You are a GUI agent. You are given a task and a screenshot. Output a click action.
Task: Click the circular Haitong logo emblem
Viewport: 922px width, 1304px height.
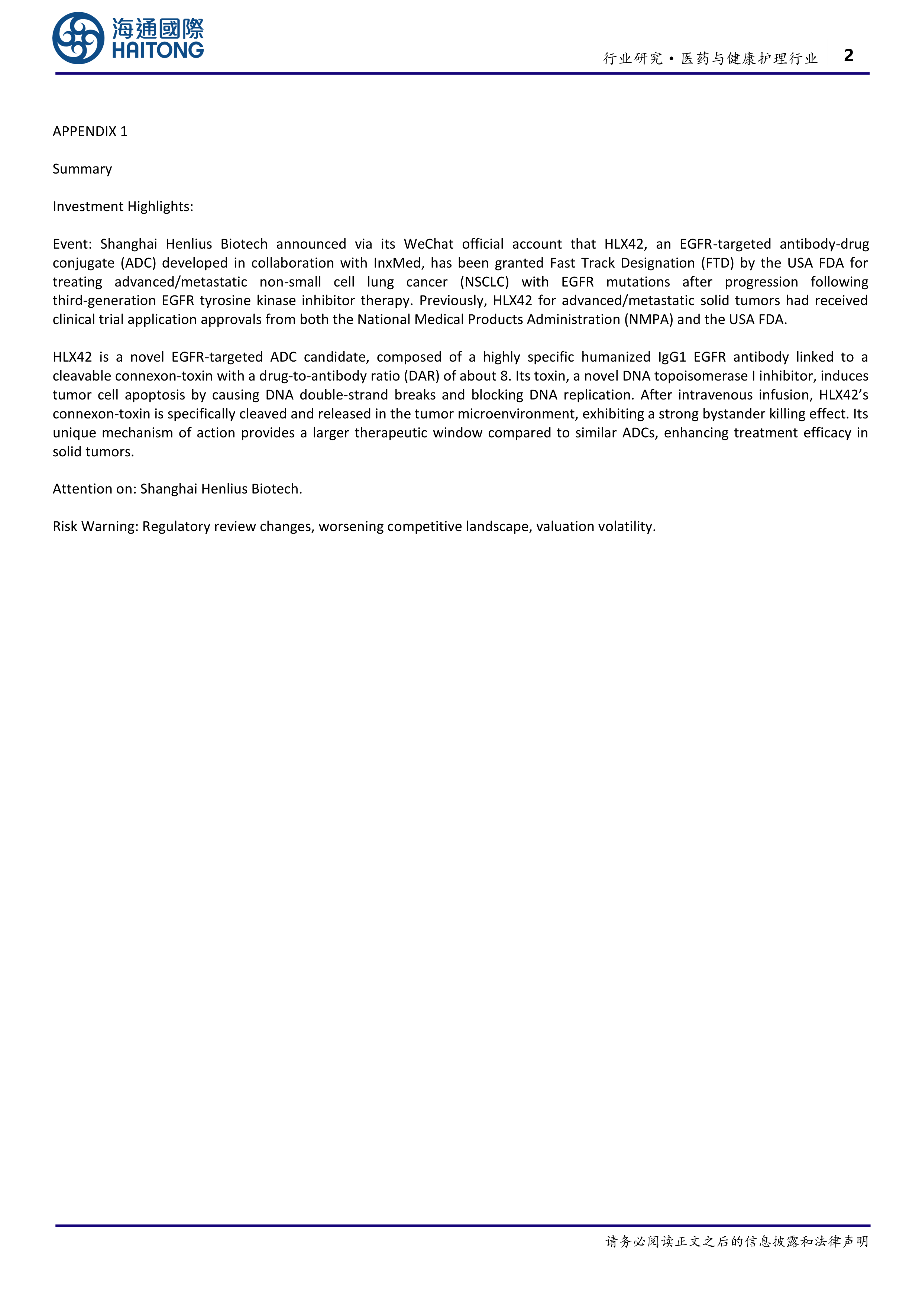(x=78, y=38)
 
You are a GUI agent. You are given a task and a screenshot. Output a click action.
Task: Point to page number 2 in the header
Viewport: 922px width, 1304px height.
(x=848, y=56)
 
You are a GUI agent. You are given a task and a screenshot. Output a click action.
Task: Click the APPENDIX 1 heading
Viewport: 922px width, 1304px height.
(x=90, y=132)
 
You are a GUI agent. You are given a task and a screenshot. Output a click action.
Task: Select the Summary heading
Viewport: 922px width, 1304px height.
(x=83, y=169)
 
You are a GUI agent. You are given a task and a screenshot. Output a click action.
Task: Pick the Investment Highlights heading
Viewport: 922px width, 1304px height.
(x=123, y=207)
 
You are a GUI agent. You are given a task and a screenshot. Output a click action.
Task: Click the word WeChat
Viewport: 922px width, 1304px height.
(x=428, y=244)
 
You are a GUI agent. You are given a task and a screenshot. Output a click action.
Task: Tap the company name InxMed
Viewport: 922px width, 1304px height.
(x=397, y=263)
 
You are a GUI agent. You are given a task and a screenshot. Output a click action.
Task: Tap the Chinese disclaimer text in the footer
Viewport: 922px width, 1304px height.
(x=737, y=1242)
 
